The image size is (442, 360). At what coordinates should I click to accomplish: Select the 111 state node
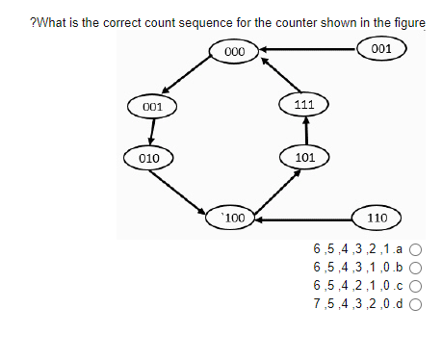pyautogui.click(x=304, y=103)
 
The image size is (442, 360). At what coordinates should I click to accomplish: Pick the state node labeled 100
pyautogui.click(x=234, y=219)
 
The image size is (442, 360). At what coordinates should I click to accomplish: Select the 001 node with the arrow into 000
pyautogui.click(x=380, y=48)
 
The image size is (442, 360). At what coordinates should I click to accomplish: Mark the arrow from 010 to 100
pyautogui.click(x=181, y=190)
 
